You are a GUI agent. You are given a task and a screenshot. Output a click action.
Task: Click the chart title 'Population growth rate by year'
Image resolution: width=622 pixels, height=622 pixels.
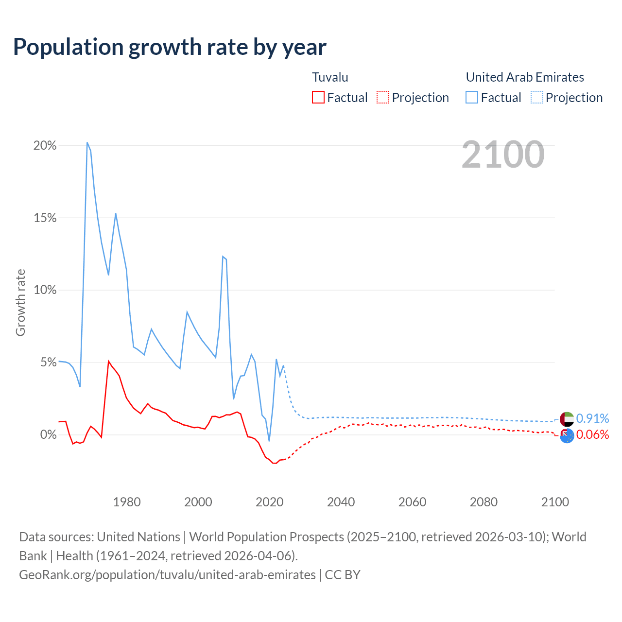coord(170,47)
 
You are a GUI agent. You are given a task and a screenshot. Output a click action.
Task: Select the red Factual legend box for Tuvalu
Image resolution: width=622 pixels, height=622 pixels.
coord(318,97)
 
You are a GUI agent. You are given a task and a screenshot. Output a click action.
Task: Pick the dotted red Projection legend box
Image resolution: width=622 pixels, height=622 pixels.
coord(383,97)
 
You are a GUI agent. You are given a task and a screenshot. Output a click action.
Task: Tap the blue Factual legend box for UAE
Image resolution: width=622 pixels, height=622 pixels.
coord(472,97)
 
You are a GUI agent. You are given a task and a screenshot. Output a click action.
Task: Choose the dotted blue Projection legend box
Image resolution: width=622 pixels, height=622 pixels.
coord(536,97)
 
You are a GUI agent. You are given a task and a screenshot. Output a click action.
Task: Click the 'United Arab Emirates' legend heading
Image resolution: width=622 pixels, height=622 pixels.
coord(525,77)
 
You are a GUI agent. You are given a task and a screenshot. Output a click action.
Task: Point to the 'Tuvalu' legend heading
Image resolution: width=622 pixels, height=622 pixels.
coord(330,77)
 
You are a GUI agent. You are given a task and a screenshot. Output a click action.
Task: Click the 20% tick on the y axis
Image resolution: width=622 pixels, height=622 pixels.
coord(45,146)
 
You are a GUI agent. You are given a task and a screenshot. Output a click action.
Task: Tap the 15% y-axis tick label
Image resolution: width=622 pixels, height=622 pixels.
coord(45,218)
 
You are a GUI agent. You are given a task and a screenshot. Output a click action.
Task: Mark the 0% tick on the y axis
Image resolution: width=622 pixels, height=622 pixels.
coord(48,434)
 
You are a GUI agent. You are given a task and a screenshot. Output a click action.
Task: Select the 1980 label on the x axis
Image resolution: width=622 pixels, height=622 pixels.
coord(127,502)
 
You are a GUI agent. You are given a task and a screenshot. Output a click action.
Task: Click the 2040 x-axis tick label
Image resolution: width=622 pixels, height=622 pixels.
coord(341,502)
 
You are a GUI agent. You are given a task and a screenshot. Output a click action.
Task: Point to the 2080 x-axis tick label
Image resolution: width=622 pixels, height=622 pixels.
coord(484,502)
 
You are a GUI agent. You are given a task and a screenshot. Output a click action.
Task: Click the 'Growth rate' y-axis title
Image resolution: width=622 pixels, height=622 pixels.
coord(20,302)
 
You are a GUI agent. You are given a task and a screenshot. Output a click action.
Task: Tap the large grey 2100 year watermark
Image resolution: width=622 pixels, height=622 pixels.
coord(503,155)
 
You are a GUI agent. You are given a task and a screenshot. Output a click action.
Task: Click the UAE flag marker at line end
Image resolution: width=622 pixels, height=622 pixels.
coord(567,418)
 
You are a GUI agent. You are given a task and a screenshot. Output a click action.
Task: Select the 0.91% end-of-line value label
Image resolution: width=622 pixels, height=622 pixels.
coord(592,418)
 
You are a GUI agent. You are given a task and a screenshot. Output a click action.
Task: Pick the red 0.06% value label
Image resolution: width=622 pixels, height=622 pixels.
coord(592,434)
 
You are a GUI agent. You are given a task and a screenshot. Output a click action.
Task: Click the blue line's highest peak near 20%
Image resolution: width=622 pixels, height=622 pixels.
coord(87,142)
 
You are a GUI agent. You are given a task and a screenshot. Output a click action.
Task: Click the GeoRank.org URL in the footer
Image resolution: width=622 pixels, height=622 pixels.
coord(167,575)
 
